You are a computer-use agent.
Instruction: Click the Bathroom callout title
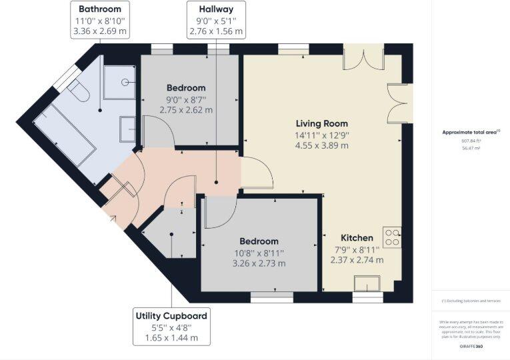pyautogui.click(x=99, y=9)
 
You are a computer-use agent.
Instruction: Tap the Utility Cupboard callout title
pyautogui.click(x=171, y=316)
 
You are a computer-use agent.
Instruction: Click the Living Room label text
pyautogui.click(x=322, y=124)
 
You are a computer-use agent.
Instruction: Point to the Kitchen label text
pyautogui.click(x=357, y=238)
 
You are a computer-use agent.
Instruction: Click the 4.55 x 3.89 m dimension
pyautogui.click(x=322, y=146)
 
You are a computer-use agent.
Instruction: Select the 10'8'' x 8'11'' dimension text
pyautogui.click(x=259, y=253)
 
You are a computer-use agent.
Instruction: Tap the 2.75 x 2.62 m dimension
pyautogui.click(x=186, y=110)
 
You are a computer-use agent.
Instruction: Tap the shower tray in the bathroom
pyautogui.click(x=120, y=83)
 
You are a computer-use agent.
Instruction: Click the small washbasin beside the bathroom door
pyautogui.click(x=127, y=129)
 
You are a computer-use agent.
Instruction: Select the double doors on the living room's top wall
pyautogui.click(x=363, y=58)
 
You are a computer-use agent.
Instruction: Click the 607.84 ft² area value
pyautogui.click(x=470, y=141)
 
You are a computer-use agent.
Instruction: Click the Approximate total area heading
pyautogui.click(x=470, y=133)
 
